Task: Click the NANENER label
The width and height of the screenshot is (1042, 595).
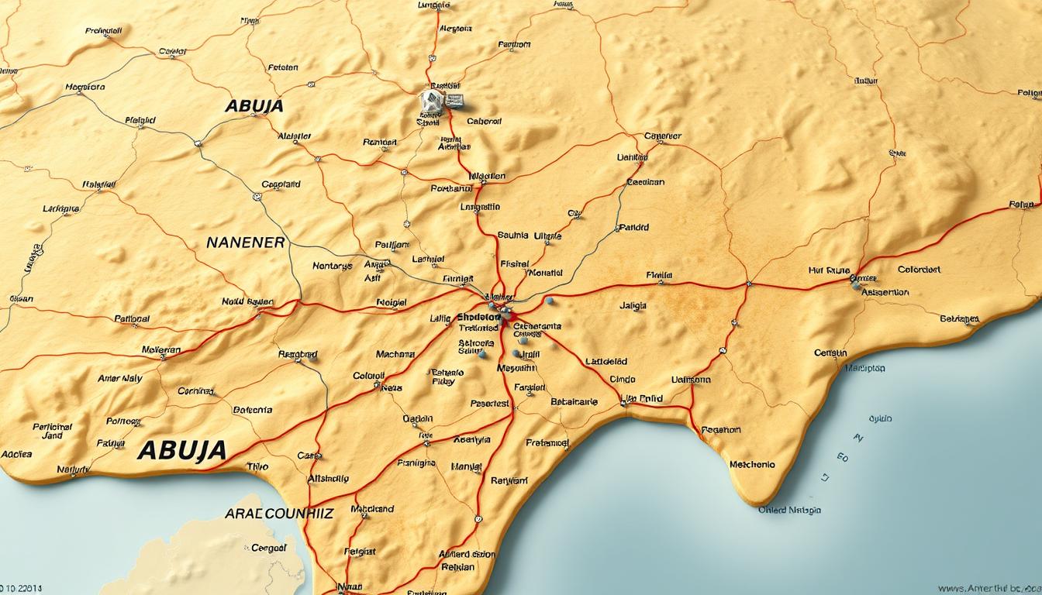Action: [246, 242]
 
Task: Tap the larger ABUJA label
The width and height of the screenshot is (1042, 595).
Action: [182, 450]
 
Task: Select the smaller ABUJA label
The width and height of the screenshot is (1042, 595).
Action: [254, 106]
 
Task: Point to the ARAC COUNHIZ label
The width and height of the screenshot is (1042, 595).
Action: [279, 514]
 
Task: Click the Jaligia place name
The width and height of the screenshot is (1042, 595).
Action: [633, 306]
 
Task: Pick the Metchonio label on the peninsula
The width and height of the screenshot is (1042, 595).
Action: [752, 465]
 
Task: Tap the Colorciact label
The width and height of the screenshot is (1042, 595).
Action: [919, 270]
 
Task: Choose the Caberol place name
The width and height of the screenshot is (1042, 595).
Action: [485, 122]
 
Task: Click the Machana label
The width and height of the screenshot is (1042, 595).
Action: [395, 354]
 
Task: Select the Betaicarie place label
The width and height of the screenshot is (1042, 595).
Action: [574, 402]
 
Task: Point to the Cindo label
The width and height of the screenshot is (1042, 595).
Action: [623, 380]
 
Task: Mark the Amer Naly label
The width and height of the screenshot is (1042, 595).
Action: [120, 379]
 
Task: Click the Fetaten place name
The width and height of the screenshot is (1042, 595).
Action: [283, 67]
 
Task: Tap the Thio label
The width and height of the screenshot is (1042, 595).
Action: [257, 466]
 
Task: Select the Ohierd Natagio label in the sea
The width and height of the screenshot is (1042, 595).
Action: [789, 510]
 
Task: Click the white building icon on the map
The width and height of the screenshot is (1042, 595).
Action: [431, 101]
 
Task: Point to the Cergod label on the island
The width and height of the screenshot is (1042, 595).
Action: [269, 548]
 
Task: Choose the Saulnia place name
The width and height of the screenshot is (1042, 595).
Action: [512, 235]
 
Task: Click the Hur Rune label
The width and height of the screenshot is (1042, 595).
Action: [829, 271]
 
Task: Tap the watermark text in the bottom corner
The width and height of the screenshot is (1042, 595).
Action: [989, 590]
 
